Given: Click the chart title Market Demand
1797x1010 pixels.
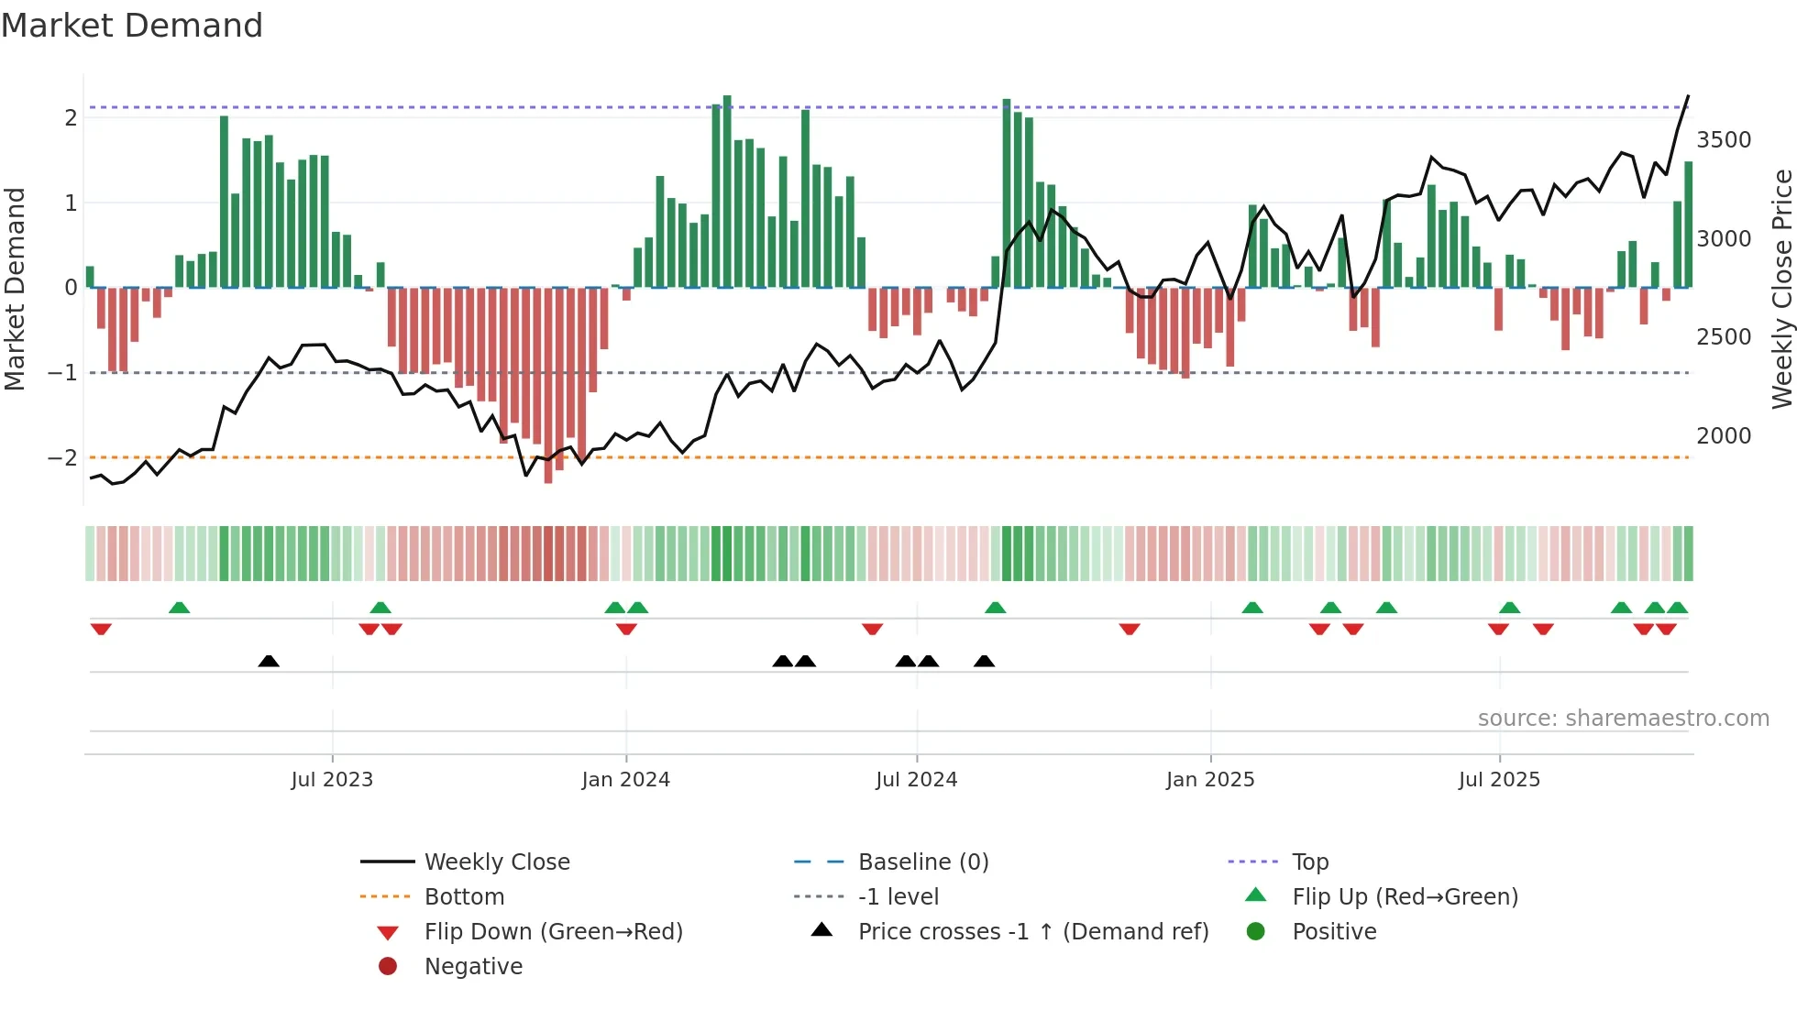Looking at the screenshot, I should [x=132, y=26].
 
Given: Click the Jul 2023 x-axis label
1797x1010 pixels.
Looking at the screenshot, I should [x=332, y=780].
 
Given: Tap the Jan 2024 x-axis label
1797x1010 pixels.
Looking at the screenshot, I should [x=625, y=780].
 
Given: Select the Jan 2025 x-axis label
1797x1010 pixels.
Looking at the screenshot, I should [x=1209, y=780].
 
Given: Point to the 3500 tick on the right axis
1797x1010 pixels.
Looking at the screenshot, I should [x=1723, y=140].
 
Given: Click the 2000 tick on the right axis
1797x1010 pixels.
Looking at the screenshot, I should [x=1723, y=436].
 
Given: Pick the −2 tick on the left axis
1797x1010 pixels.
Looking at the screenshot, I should [x=63, y=457].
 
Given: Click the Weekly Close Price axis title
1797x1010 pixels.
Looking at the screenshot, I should [x=1780, y=289].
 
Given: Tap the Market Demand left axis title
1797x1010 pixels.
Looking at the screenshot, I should [x=15, y=289].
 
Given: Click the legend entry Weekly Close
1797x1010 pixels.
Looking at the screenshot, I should [x=496, y=862].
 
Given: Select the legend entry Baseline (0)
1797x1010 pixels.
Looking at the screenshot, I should [x=922, y=862].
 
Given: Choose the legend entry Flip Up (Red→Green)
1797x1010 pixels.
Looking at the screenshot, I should [x=1405, y=897].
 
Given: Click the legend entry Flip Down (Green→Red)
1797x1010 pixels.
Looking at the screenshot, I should [x=553, y=932].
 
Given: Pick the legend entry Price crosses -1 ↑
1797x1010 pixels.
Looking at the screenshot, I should [x=1032, y=932].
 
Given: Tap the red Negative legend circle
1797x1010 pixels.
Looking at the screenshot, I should [x=388, y=967].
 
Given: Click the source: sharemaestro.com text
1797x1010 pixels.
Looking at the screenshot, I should [x=1623, y=719].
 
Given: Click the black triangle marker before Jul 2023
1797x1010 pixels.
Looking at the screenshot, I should [x=269, y=661].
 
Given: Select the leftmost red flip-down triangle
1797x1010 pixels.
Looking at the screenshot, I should [x=101, y=629].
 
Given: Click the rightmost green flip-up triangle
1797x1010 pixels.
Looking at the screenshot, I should [x=1677, y=608].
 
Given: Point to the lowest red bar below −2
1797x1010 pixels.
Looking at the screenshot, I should [x=548, y=477].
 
